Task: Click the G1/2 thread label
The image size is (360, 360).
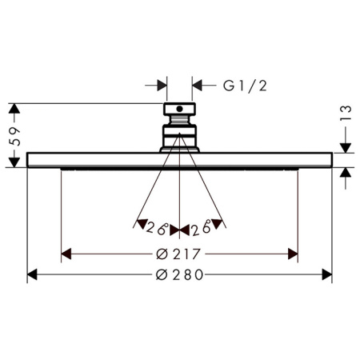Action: coord(245,86)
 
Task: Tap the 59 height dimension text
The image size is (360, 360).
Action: coord(15,137)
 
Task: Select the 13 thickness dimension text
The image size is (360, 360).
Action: coord(346,113)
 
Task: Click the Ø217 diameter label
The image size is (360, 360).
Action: coord(178,254)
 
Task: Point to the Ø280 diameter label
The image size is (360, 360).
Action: coord(179,274)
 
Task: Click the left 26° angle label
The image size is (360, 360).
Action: coord(158,228)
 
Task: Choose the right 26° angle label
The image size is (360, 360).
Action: coord(202,229)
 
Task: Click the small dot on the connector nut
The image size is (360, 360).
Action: coord(180,109)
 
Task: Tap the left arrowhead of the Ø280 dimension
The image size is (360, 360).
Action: coord(32,274)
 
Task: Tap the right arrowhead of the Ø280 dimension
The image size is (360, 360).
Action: coord(327,274)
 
